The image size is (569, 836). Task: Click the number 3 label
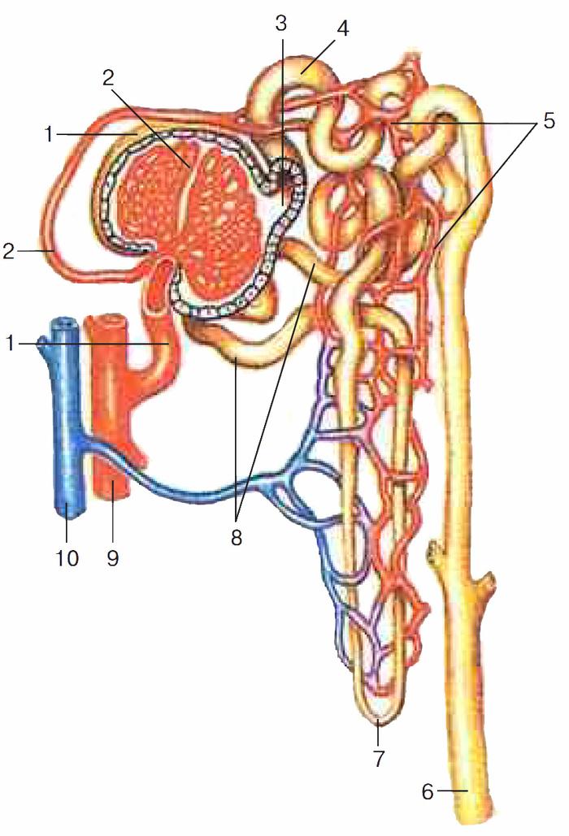point(281,24)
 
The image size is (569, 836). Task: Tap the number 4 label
point(342,28)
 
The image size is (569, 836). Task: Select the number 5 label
point(549,120)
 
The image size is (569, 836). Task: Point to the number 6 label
point(428,792)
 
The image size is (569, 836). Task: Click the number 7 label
point(378,758)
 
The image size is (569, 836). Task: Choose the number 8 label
point(237,538)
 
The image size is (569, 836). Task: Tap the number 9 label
point(112,558)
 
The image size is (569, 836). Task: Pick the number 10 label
point(67,558)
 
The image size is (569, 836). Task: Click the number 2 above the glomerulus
point(108,78)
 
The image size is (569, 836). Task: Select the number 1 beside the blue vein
point(9,344)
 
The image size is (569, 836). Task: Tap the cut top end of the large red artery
point(106,321)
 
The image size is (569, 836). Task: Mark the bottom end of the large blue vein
point(69,513)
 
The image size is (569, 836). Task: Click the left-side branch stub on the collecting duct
point(435,552)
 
